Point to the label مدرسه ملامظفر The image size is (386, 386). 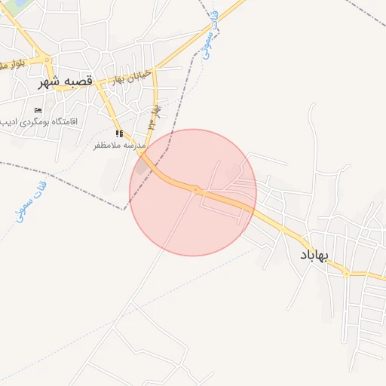click(118, 145)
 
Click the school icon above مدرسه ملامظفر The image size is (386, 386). click(119, 133)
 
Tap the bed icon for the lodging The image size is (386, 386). click(38, 110)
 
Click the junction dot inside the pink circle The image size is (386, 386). click(195, 189)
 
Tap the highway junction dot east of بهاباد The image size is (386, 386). click(346, 274)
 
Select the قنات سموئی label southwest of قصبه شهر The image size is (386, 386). click(30, 199)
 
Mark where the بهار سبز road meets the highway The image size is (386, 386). click(141, 152)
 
